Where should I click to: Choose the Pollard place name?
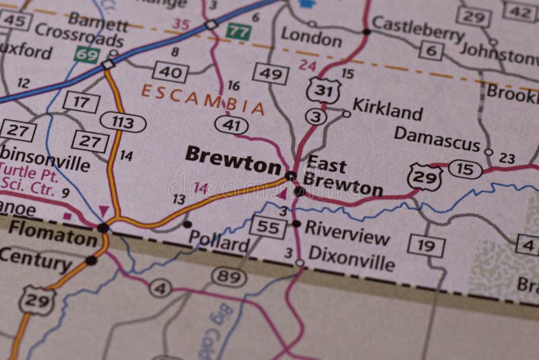click(219, 241)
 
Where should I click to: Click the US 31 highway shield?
click(321, 90)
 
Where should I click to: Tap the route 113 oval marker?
click(123, 122)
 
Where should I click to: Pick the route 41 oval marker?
click(231, 125)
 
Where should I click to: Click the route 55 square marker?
click(267, 227)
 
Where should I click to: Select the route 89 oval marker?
click(229, 276)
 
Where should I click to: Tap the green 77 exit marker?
click(238, 31)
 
